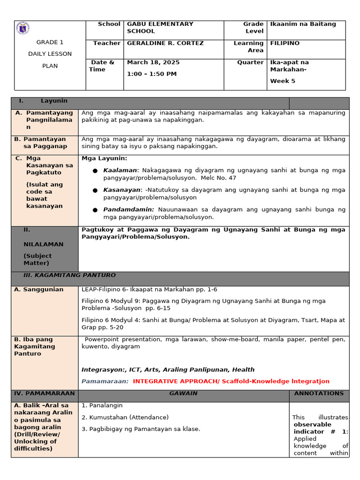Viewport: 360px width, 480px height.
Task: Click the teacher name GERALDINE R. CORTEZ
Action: pos(165,43)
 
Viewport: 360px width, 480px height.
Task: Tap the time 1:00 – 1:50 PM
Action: pos(151,74)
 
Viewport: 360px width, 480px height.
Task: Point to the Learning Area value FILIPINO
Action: pos(285,43)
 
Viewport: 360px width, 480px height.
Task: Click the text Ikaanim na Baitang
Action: pos(303,24)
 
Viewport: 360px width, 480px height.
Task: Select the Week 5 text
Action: pos(283,81)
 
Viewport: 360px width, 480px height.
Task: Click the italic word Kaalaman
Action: pos(120,170)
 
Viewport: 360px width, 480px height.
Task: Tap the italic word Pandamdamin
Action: pos(128,210)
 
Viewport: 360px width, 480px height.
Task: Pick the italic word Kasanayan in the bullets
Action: pos(122,190)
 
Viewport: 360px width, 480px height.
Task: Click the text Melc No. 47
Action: pos(218,178)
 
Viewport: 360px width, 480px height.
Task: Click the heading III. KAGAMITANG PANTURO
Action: pos(69,275)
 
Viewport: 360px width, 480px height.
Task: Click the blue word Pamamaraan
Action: pos(105,381)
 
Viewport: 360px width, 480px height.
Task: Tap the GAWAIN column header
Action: pos(183,394)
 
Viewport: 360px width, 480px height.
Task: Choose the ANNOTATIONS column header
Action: pos(319,394)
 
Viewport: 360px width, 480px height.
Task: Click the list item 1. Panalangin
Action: pos(102,405)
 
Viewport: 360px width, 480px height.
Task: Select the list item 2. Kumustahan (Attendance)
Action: pos(125,417)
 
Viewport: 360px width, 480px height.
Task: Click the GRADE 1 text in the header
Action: pos(50,42)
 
